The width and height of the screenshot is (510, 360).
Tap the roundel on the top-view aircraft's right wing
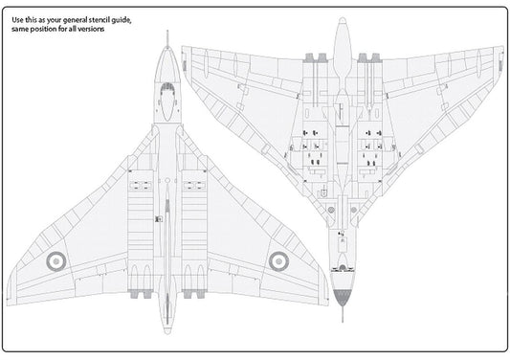point(279,259)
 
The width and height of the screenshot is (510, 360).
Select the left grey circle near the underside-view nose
point(332,259)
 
